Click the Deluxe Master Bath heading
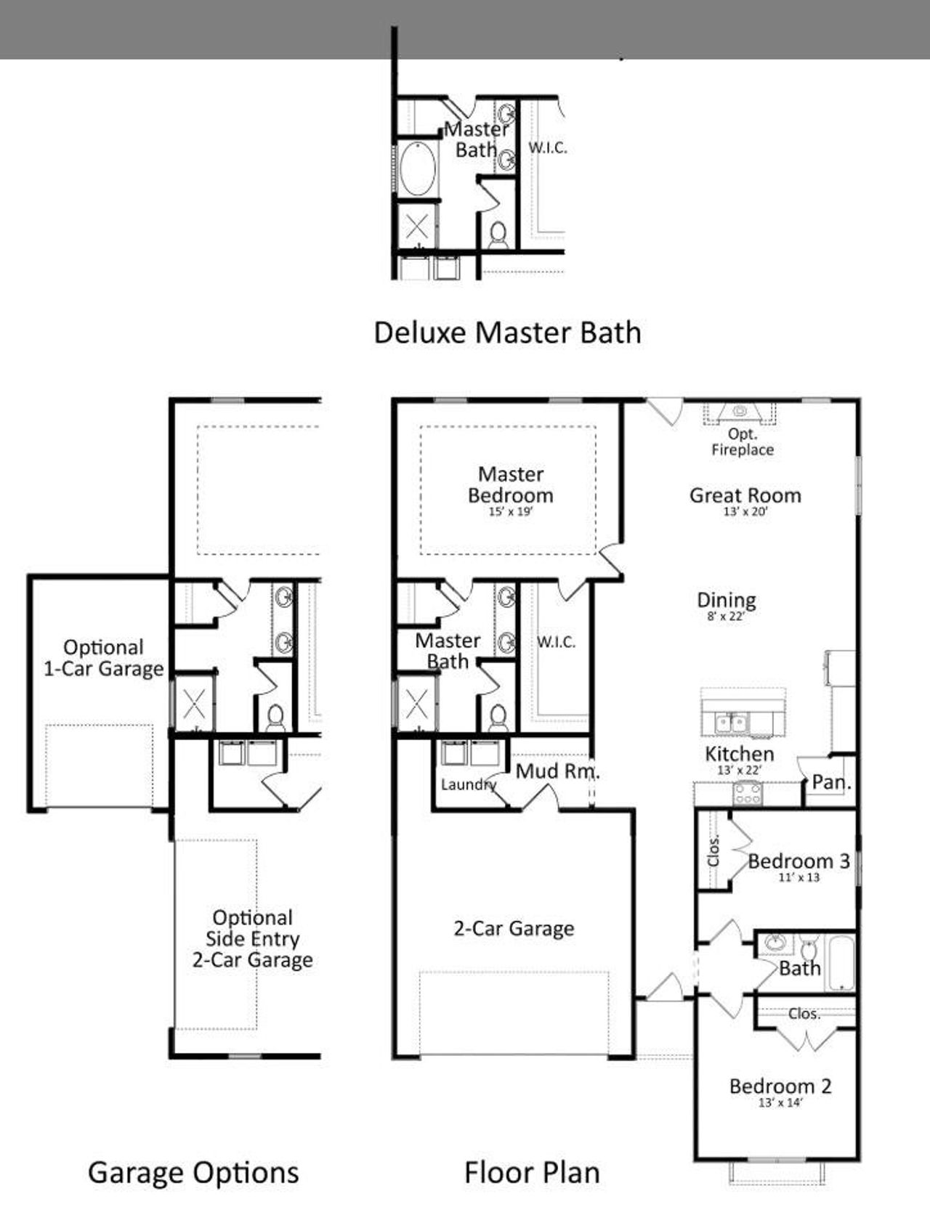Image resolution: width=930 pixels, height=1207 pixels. pos(507,333)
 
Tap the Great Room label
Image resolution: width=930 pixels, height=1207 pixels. pos(745,495)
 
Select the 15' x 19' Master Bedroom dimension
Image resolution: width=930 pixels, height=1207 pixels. pos(510,512)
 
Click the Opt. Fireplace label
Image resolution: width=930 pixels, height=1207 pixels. pos(742,442)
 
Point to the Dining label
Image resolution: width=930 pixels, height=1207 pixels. pos(726,601)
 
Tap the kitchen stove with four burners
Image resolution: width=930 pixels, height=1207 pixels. pos(747,792)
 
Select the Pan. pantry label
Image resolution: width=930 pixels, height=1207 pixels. pos(831,782)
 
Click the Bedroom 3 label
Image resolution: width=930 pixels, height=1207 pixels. pos(798,861)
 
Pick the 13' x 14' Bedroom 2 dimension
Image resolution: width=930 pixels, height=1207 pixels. pos(780,1103)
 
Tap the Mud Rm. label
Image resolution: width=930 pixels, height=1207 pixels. pos(557,771)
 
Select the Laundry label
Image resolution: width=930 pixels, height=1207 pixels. pos(468,784)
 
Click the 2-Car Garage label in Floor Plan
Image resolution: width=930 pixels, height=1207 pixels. pos(514,928)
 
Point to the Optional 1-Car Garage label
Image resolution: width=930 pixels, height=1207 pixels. pos(103,658)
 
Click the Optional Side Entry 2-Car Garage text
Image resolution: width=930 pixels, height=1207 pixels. pos(252,938)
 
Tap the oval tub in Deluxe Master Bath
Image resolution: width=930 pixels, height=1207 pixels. pos(417,168)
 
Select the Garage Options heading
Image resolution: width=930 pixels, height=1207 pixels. pos(193,1173)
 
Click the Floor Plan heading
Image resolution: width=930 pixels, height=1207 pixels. pos(532,1173)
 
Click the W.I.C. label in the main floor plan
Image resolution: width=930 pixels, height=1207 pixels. pos(556,642)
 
